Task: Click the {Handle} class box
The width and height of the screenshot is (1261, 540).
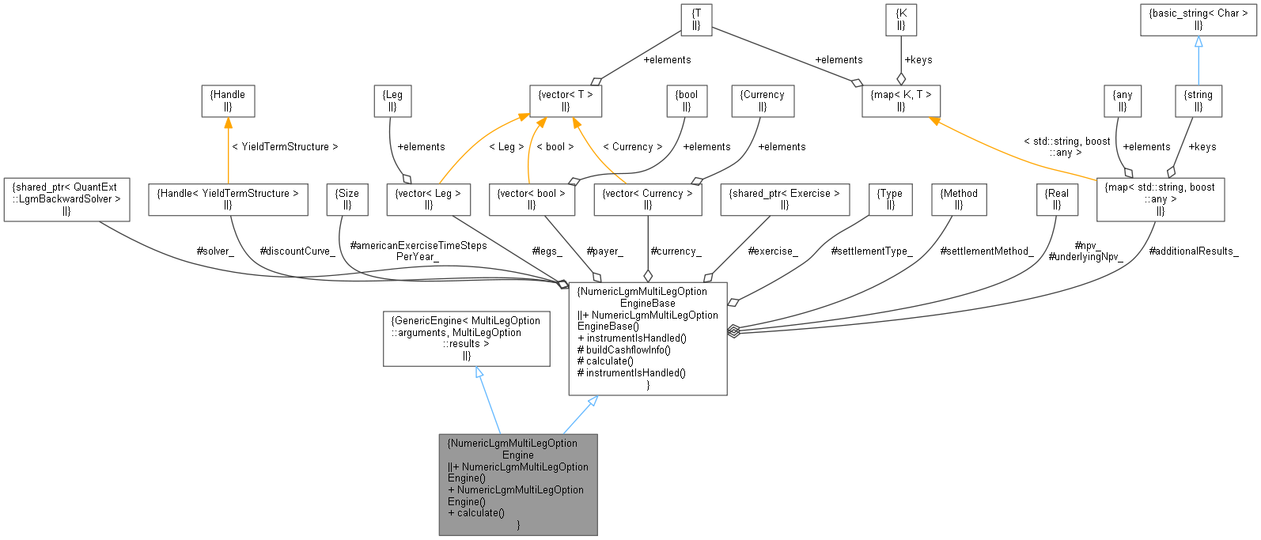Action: tap(228, 100)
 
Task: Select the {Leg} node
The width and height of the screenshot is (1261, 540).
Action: tap(392, 100)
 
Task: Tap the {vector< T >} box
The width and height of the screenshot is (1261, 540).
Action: tap(566, 100)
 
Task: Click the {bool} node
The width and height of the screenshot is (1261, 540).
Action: tap(686, 100)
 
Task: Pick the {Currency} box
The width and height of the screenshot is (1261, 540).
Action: tap(762, 100)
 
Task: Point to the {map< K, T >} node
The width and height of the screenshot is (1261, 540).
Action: tap(900, 100)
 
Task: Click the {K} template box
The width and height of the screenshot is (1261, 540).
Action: tap(901, 19)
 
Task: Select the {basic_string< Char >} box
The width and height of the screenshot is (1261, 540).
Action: tap(1198, 19)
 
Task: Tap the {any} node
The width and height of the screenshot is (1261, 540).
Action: tap(1123, 100)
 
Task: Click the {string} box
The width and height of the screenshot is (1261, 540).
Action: tap(1198, 100)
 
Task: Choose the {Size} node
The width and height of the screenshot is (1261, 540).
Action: tap(347, 199)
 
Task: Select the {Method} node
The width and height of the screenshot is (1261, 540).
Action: tap(959, 199)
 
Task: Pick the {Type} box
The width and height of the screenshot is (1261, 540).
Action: tap(890, 199)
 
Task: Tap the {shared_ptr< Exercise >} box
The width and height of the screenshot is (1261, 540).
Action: tap(785, 199)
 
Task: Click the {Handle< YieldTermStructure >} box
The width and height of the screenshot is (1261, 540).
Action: tap(228, 199)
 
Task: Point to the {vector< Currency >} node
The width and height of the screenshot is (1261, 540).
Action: tap(647, 199)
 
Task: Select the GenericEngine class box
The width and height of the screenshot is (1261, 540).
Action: tap(466, 338)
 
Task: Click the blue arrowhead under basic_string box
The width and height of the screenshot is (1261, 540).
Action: tap(1199, 42)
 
